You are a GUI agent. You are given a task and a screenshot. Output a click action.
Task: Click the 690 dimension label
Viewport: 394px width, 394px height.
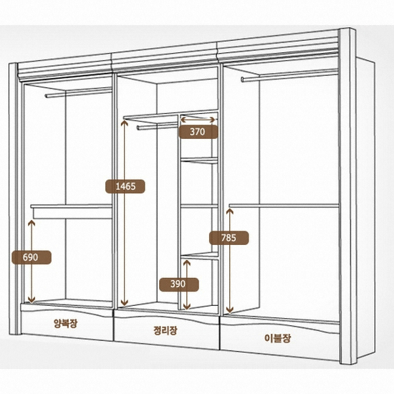pyautogui.click(x=32, y=257)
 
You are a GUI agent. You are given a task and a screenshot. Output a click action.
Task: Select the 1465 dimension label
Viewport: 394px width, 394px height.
pyautogui.click(x=125, y=186)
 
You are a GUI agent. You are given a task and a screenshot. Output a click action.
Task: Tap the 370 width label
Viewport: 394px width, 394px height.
pyautogui.click(x=198, y=132)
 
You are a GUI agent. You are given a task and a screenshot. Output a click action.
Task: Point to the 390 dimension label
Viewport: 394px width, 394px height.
pyautogui.click(x=178, y=284)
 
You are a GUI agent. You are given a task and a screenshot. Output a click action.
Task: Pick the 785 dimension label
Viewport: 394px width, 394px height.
pyautogui.click(x=229, y=238)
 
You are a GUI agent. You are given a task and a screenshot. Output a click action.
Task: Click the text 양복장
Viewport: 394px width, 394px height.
pyautogui.click(x=66, y=323)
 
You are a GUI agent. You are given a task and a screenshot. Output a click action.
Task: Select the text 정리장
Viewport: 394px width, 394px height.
pyautogui.click(x=165, y=330)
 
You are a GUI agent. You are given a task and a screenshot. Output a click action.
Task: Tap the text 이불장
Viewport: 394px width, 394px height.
pyautogui.click(x=278, y=338)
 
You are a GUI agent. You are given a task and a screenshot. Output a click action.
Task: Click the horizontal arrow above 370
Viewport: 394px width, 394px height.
pyautogui.click(x=198, y=120)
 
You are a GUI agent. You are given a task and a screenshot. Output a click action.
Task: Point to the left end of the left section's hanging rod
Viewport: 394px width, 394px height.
pyautogui.click(x=47, y=96)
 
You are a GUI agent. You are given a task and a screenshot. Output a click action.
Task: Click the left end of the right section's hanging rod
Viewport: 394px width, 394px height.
pyautogui.click(x=242, y=80)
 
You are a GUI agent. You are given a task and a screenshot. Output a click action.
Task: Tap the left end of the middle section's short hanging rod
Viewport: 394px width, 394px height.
pyautogui.click(x=138, y=128)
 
